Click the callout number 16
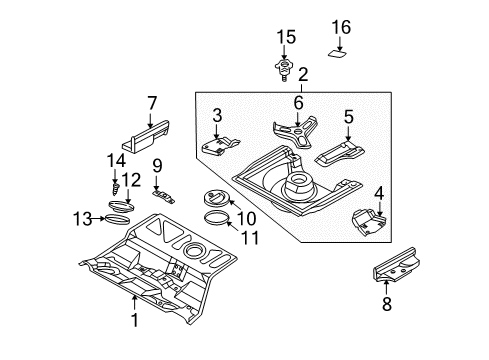tap(341, 27)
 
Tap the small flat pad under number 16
tap(337, 54)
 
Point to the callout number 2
tap(302, 75)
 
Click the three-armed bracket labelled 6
tap(295, 131)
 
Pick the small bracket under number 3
tap(221, 146)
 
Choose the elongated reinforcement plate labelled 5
tap(339, 153)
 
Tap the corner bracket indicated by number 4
tap(369, 223)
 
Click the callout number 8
tap(387, 304)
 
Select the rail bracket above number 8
tap(396, 265)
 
